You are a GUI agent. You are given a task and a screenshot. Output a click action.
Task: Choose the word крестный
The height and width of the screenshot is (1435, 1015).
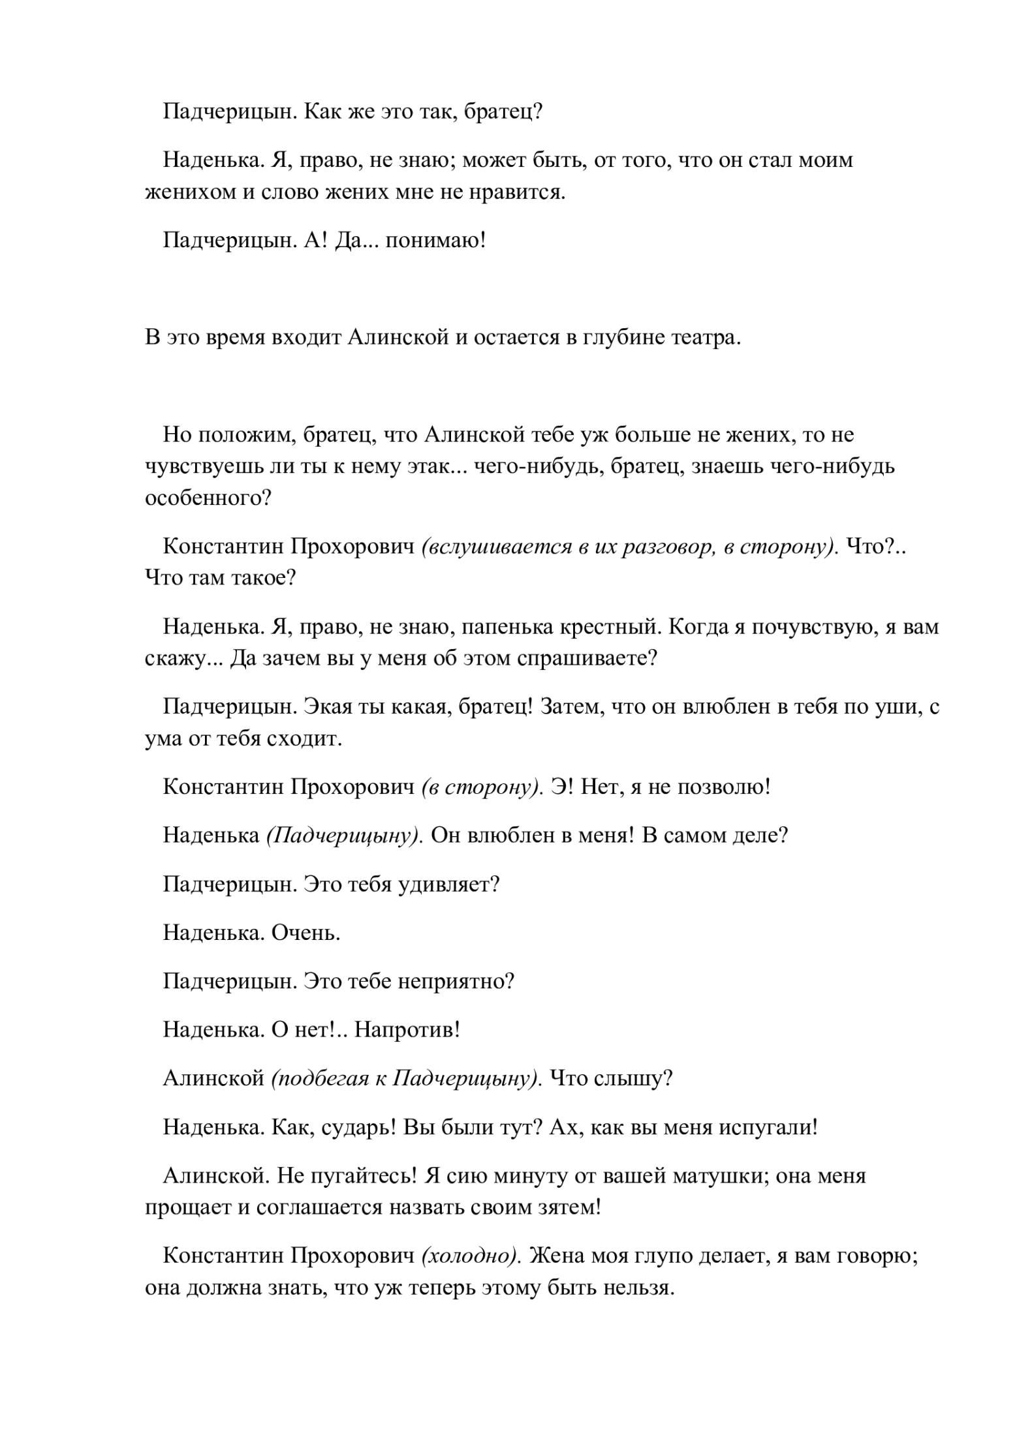[x=608, y=627]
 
